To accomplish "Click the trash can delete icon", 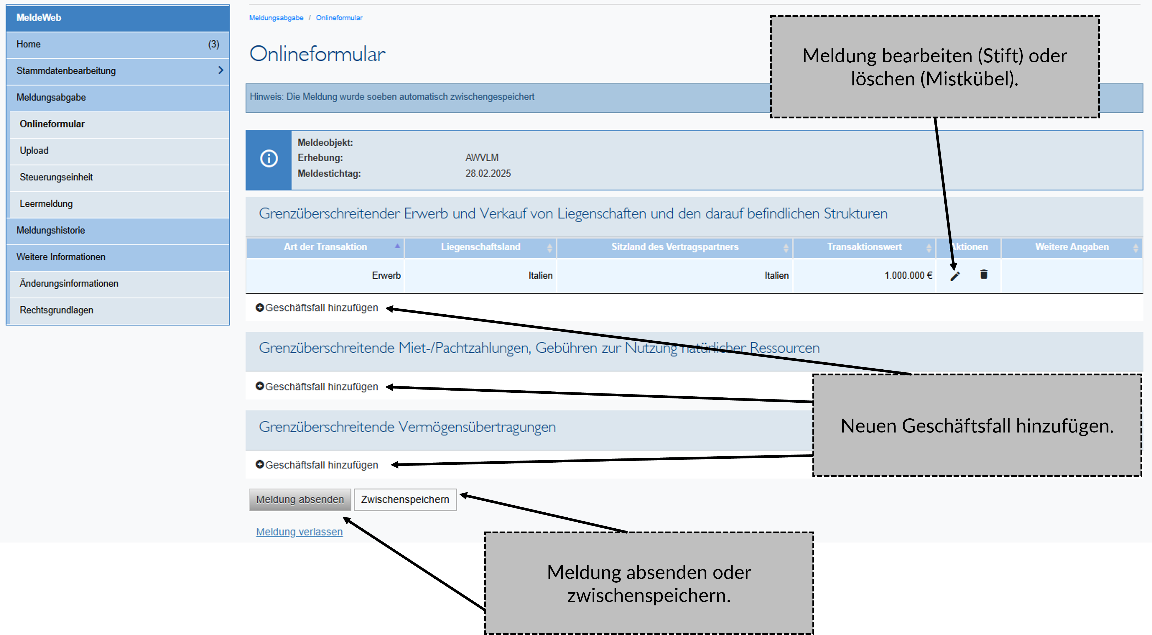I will click(x=984, y=274).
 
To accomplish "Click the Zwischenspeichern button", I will click(x=405, y=499).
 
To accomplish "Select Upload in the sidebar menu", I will click(x=34, y=150).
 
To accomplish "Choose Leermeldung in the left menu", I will click(x=46, y=204).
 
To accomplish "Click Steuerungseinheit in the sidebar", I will click(x=56, y=177).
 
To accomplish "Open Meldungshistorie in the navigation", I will click(x=51, y=231).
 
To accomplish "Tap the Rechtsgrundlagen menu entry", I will click(x=56, y=310).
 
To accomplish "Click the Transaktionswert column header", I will click(x=864, y=247).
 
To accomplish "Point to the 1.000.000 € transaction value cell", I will click(x=908, y=276).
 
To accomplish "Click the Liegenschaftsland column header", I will click(x=480, y=247).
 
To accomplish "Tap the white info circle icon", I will click(x=269, y=158).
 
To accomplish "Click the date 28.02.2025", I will click(x=488, y=174).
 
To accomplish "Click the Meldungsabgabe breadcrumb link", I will click(x=276, y=18).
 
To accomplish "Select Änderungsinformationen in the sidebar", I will click(x=69, y=284).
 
